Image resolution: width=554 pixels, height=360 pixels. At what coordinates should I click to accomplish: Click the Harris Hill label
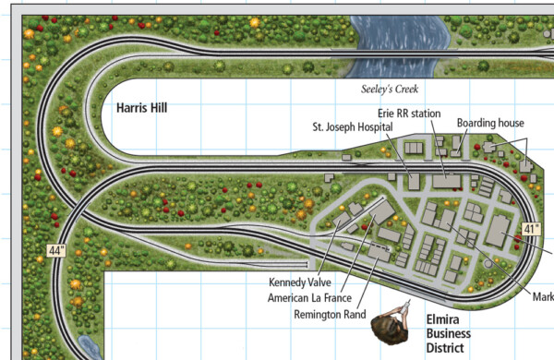[141, 108]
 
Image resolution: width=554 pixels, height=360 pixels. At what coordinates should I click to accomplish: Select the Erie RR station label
[407, 113]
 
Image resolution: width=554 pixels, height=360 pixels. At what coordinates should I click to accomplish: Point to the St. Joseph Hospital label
[353, 126]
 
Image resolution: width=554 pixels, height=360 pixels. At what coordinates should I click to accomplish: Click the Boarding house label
[490, 123]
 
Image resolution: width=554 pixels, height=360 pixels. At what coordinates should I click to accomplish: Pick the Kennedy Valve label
[299, 282]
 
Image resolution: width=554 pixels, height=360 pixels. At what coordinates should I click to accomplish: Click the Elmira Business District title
[448, 333]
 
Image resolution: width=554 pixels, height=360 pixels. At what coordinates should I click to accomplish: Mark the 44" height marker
[58, 250]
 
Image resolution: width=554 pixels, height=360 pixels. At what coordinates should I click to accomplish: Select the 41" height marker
[532, 229]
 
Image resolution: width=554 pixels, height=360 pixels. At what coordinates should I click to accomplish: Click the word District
[448, 347]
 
